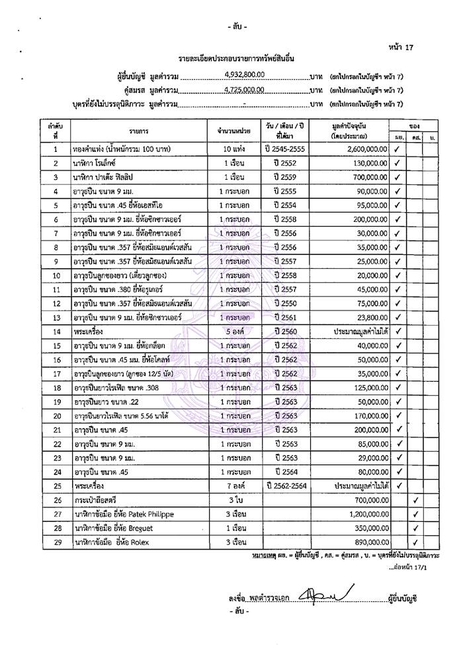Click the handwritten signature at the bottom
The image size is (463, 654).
(x=323, y=596)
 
